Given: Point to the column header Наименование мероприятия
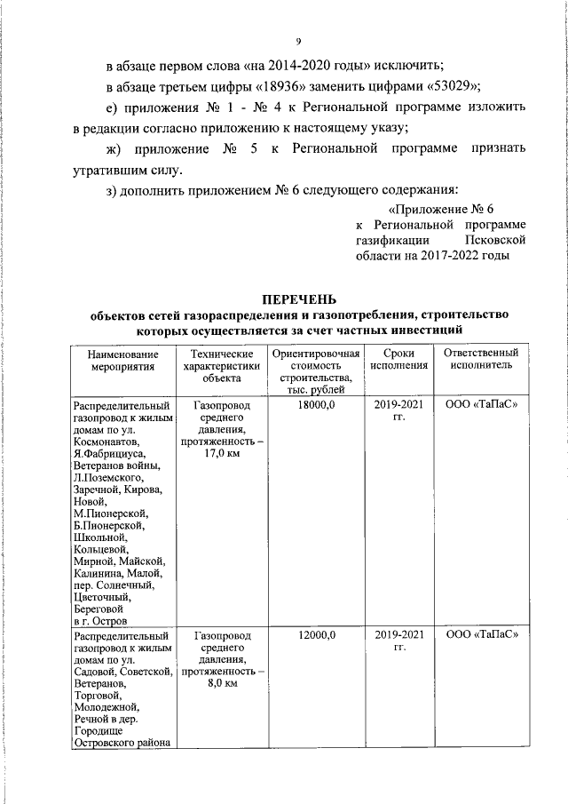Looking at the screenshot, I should click(123, 359).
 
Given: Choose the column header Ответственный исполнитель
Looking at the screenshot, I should click(480, 359).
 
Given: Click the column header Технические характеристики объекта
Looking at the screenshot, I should click(221, 364).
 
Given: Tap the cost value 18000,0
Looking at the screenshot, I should click(317, 404).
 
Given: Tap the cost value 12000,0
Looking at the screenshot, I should click(317, 636).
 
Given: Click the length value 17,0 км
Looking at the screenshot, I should click(221, 454).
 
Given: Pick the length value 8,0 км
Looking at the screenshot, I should click(221, 685).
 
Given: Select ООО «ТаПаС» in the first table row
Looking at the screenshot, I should click(480, 404).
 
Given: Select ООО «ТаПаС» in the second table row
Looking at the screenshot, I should click(480, 636).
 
